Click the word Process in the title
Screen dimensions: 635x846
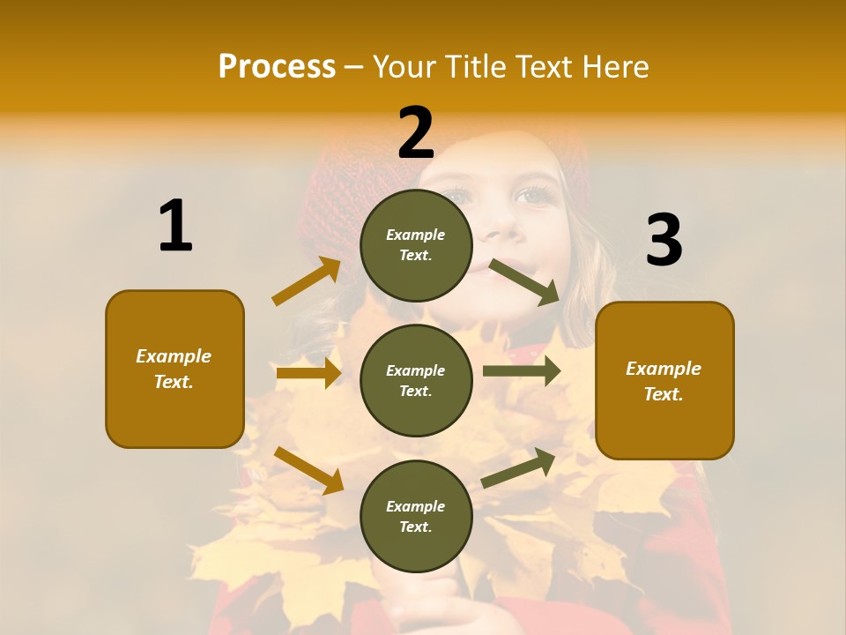[x=277, y=66]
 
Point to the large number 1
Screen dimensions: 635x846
[x=175, y=227]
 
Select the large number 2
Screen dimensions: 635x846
[x=416, y=133]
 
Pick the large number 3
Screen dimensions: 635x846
[x=664, y=241]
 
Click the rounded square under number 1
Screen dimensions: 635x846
[x=174, y=369]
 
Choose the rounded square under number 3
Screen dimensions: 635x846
[x=664, y=380]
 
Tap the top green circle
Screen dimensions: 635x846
[x=416, y=245]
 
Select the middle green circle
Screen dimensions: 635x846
[x=416, y=380]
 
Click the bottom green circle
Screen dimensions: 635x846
[x=416, y=516]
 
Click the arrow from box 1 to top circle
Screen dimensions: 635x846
[x=306, y=282]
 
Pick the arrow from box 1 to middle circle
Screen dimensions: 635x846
[x=308, y=373]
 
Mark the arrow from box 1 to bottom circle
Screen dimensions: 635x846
[x=308, y=469]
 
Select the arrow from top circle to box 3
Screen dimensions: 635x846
[x=524, y=281]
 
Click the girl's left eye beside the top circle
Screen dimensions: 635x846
[x=533, y=196]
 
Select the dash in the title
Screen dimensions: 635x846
[x=354, y=67]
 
